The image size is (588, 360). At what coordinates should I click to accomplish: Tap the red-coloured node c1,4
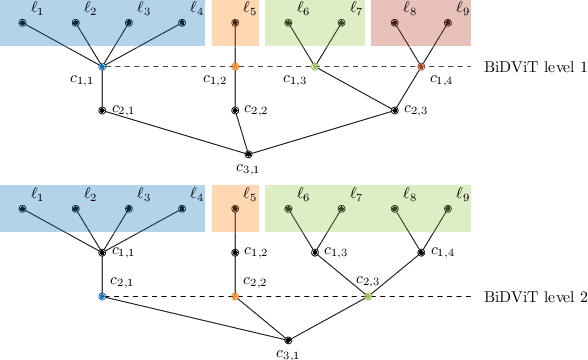pyautogui.click(x=421, y=67)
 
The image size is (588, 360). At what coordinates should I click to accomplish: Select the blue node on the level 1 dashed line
pyautogui.click(x=101, y=67)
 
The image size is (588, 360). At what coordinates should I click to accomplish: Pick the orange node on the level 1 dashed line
pyautogui.click(x=235, y=67)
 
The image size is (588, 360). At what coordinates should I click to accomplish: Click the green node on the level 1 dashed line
pyautogui.click(x=315, y=67)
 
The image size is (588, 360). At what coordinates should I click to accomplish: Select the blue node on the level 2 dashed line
pyautogui.click(x=101, y=297)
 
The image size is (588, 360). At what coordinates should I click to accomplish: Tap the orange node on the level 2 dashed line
pyautogui.click(x=235, y=297)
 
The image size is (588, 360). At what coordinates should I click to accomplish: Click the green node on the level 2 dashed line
pyautogui.click(x=368, y=297)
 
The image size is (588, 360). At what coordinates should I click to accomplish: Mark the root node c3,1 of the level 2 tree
pyautogui.click(x=288, y=340)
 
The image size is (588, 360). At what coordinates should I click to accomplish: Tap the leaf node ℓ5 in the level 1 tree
pyautogui.click(x=235, y=21)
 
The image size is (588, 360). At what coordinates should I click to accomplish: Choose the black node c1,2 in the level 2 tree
pyautogui.click(x=235, y=252)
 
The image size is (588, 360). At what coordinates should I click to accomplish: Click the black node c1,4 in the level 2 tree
pyautogui.click(x=421, y=252)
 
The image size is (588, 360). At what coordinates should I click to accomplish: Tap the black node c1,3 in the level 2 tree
pyautogui.click(x=315, y=252)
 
